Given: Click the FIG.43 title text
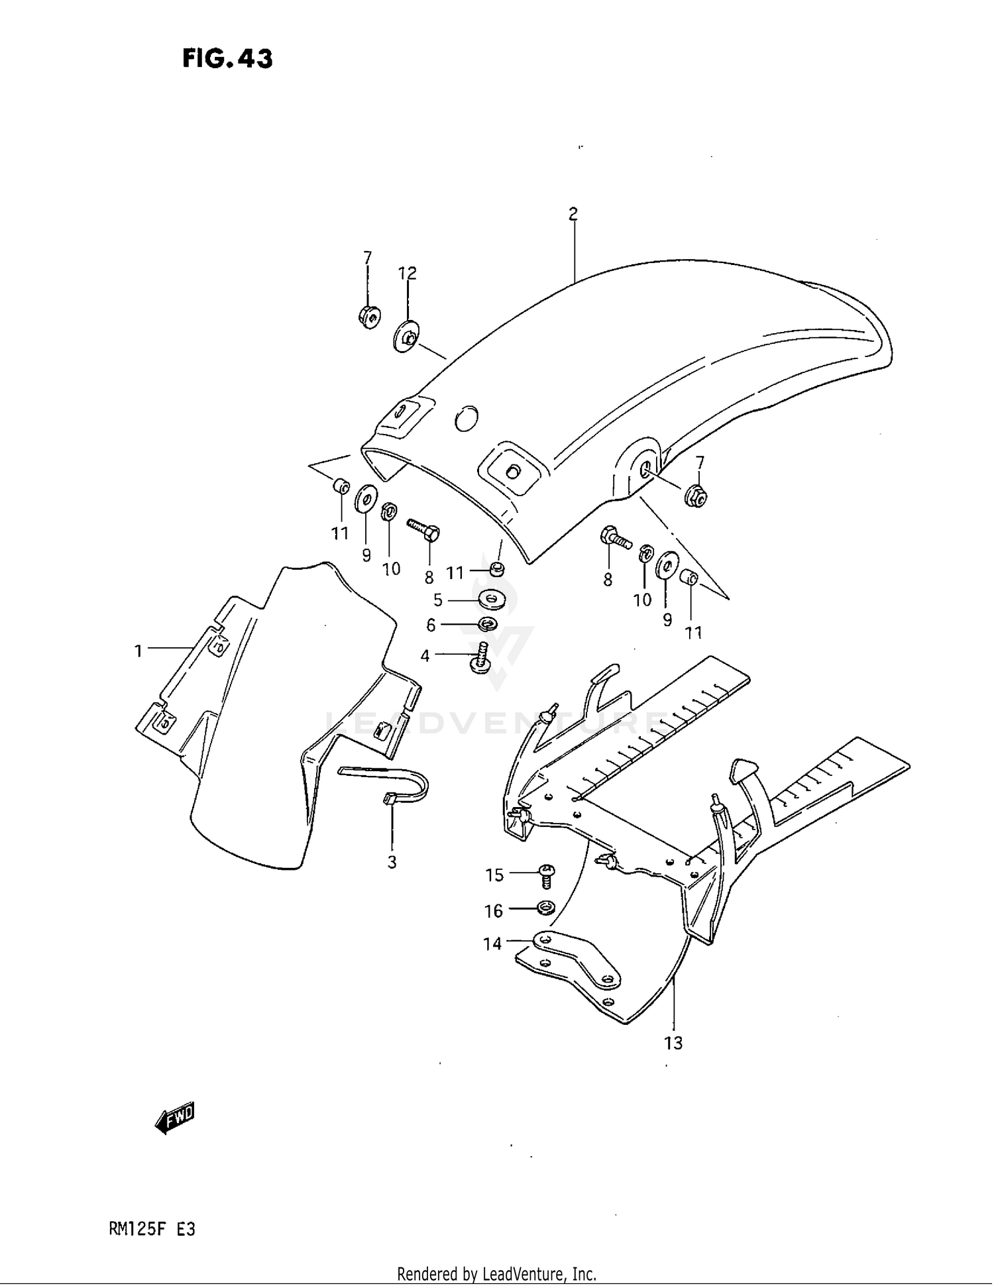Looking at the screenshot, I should pyautogui.click(x=227, y=60).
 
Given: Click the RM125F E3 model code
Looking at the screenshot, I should pyautogui.click(x=152, y=1230).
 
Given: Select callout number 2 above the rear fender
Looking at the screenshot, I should pyautogui.click(x=573, y=214).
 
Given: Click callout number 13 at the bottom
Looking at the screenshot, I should pyautogui.click(x=673, y=1044).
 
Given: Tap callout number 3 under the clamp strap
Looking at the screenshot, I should pyautogui.click(x=392, y=862).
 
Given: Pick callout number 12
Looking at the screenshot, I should pyautogui.click(x=407, y=273).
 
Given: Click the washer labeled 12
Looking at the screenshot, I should pyautogui.click(x=406, y=337).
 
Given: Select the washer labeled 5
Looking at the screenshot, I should pyautogui.click(x=490, y=600).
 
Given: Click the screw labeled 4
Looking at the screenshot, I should pyautogui.click(x=480, y=657).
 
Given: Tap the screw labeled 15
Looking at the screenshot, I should pyautogui.click(x=547, y=875).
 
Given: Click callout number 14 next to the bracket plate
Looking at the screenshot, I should pyautogui.click(x=492, y=943).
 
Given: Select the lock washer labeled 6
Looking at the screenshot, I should pyautogui.click(x=488, y=624).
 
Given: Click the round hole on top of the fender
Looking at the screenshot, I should pyautogui.click(x=467, y=417).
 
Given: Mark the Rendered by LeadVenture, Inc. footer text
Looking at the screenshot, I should pyautogui.click(x=496, y=1273).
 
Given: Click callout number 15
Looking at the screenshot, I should pyautogui.click(x=495, y=875).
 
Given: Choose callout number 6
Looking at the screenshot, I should pyautogui.click(x=431, y=625).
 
